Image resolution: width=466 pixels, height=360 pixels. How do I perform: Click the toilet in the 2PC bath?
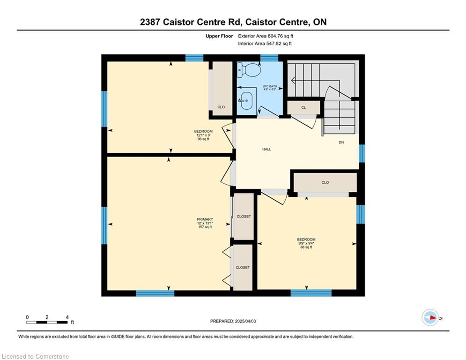pos(249,70)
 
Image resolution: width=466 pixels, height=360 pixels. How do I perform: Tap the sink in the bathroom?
pos(246,101)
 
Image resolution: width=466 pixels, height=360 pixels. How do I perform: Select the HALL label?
pos(266,150)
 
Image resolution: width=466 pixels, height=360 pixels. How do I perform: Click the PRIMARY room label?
pos(205,219)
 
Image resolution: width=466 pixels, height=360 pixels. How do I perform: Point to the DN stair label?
pos(341,142)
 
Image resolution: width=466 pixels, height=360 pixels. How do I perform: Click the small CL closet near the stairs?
pos(303,108)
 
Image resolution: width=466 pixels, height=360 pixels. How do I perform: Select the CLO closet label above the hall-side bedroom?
pos(325,182)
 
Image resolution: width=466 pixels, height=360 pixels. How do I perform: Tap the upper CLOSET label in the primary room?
pos(244,217)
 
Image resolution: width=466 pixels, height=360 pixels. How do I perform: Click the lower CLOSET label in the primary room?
pos(243,268)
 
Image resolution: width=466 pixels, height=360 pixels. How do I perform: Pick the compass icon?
pos(430,318)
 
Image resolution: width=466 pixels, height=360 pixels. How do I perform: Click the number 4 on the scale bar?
pos(67,317)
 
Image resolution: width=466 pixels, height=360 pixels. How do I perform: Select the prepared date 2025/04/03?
pos(245,321)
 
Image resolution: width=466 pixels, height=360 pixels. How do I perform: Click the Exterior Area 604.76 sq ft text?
pos(266,36)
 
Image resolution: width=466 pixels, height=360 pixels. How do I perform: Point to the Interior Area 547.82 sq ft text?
pos(265,44)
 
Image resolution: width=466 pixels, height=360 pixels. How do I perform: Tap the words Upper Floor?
pos(219,36)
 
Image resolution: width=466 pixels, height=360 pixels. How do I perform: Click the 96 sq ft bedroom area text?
pos(203,139)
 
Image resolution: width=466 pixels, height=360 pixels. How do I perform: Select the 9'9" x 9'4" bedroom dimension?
pos(306,243)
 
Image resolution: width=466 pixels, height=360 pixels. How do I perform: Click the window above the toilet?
pos(269,58)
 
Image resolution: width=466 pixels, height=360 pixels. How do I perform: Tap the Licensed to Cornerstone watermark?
pos(35,356)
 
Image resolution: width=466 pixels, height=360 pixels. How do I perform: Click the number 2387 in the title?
pos(150,22)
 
